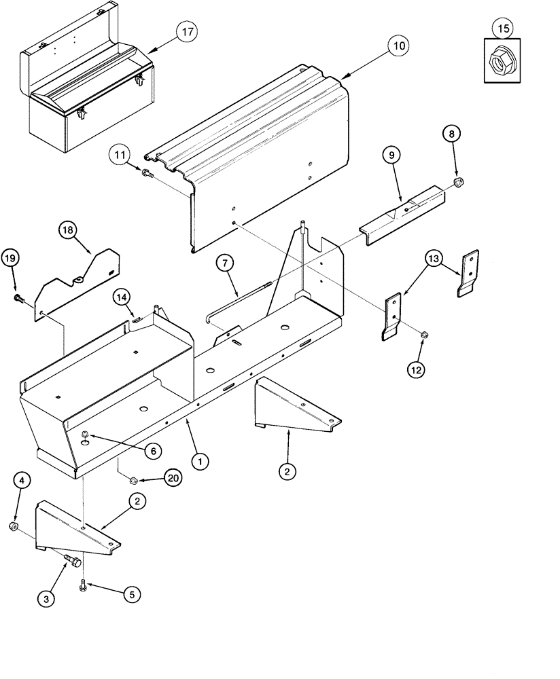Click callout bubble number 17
tap(186, 32)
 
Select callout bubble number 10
tap(398, 46)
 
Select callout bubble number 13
tap(436, 259)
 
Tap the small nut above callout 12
tap(423, 333)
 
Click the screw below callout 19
tap(17, 297)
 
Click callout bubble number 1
tap(200, 461)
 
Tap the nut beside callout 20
tap(133, 480)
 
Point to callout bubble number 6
tap(152, 449)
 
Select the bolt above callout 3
tap(71, 560)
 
